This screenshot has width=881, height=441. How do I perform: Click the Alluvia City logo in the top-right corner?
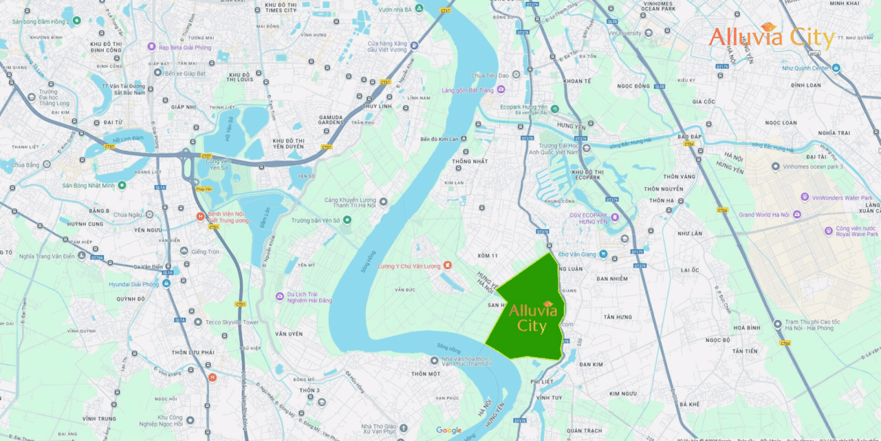coord(772,37)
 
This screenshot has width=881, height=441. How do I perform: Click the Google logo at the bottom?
coord(449,430)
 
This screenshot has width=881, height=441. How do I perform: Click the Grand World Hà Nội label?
coord(764,215)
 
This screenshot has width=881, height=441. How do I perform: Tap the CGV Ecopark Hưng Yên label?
coord(588,218)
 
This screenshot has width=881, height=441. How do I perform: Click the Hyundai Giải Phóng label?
coord(133,284)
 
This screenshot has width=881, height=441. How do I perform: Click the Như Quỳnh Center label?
coord(806,68)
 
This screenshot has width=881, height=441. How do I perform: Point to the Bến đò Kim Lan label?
coord(440,139)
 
